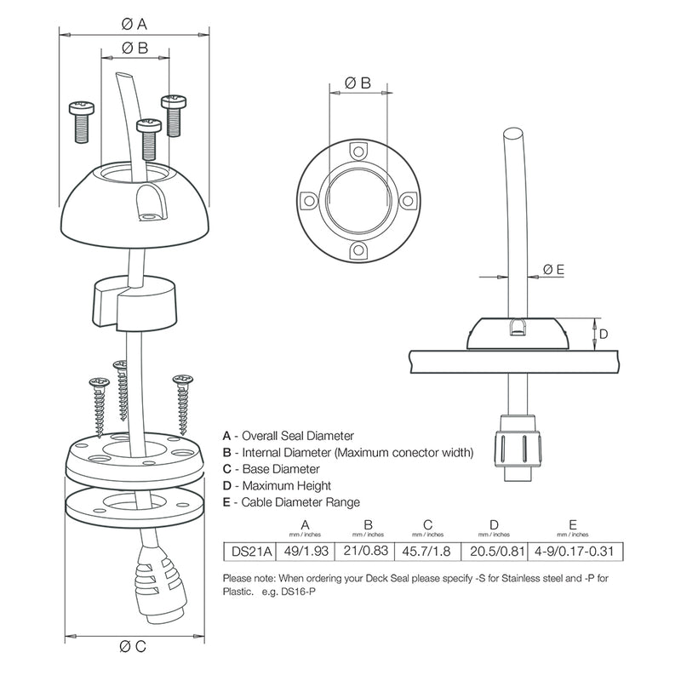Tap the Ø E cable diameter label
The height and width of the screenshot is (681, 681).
coord(553,270)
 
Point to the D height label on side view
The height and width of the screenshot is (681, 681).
coord(603,334)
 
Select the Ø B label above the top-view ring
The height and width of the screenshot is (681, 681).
coord(358,83)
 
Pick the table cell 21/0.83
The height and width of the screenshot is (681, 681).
coord(368,552)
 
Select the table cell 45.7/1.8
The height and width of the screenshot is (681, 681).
coord(429,552)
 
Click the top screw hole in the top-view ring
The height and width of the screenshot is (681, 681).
coord(358,152)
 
